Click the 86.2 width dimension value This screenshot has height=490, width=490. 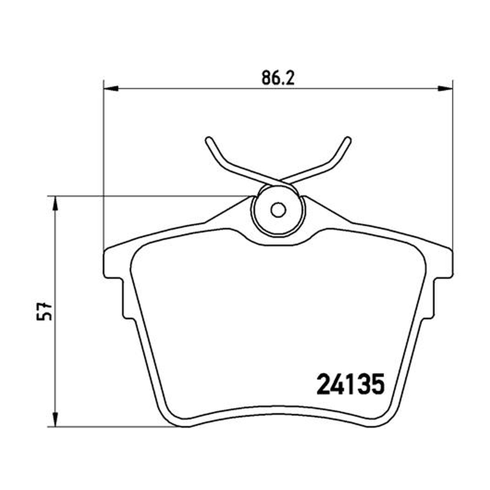(x=278, y=78)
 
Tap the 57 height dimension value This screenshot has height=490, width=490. (x=44, y=311)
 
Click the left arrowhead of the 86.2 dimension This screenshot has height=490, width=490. (x=111, y=89)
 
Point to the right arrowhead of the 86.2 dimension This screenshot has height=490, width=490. (x=445, y=89)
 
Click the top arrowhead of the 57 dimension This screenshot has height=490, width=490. (x=55, y=204)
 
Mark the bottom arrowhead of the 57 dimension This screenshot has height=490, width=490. (x=55, y=419)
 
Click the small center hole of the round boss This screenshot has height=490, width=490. (x=278, y=209)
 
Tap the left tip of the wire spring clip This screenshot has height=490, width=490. (x=208, y=140)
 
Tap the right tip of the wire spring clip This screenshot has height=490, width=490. (x=348, y=140)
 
